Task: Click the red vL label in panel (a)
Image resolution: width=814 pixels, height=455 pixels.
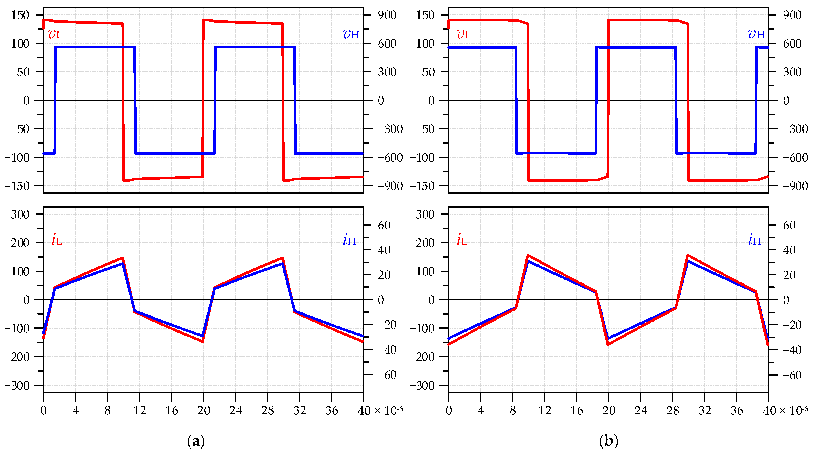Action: tap(55, 34)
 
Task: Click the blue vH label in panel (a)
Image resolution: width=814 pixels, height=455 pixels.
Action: tap(351, 34)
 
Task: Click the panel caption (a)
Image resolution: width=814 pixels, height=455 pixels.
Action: tap(196, 441)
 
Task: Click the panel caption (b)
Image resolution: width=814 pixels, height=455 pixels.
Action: tap(609, 441)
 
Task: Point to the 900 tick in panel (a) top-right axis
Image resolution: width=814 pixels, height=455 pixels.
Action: tap(387, 15)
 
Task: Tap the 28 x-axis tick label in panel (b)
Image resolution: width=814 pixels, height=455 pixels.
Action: tap(673, 410)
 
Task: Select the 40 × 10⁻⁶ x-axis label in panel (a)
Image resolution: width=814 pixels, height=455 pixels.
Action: tap(380, 410)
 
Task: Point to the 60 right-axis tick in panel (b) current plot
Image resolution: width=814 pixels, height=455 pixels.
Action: tap(789, 225)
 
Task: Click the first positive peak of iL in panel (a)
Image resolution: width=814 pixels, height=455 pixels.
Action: tap(123, 258)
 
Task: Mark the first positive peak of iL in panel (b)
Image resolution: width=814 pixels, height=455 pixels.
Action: tap(528, 255)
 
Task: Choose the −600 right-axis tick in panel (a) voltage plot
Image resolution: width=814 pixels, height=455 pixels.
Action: tap(390, 157)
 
